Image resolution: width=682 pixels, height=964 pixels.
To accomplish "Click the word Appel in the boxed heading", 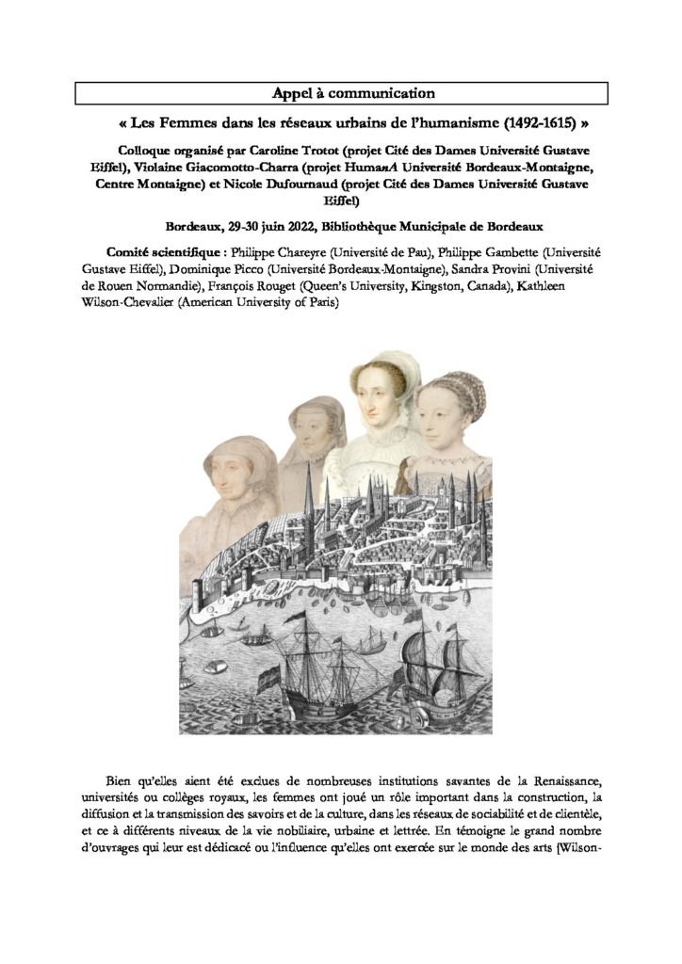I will point(291,92).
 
